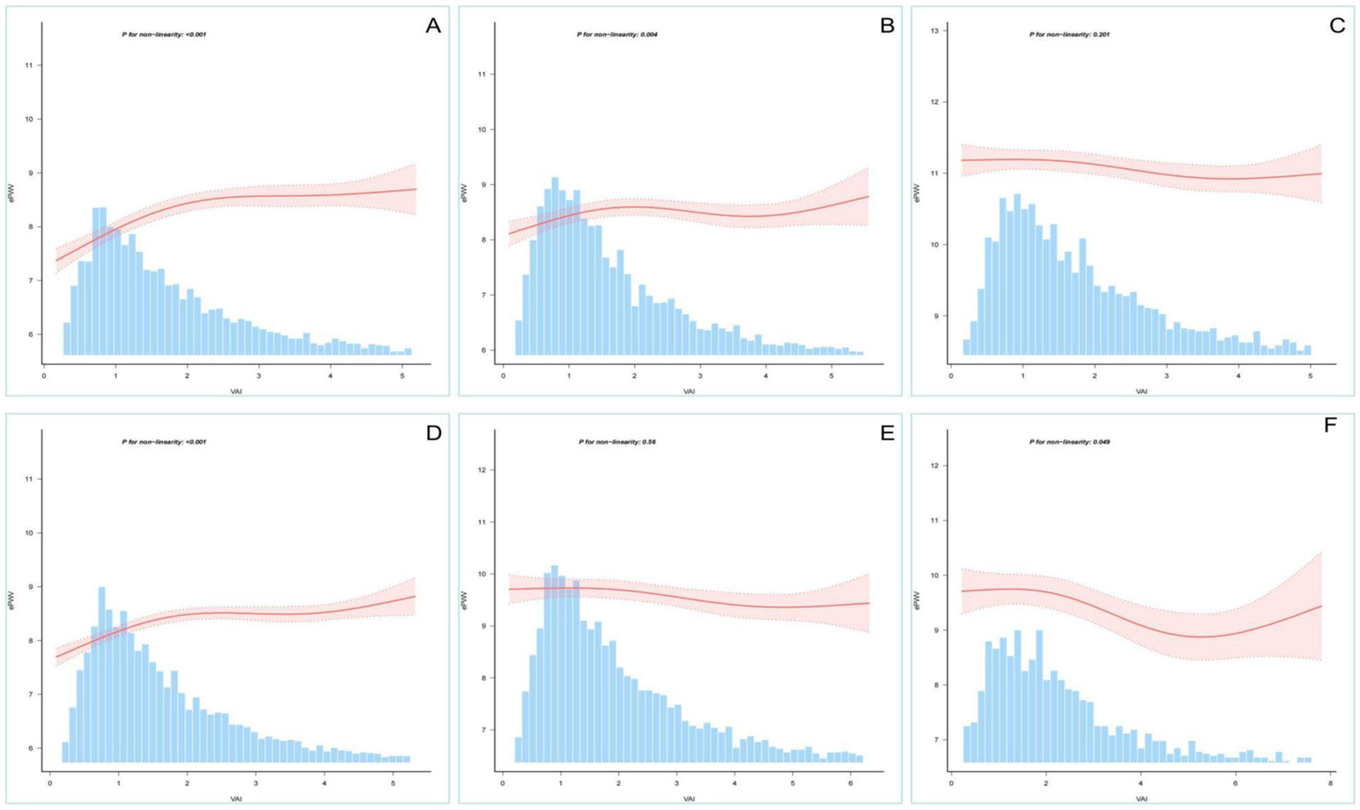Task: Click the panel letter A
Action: coord(432,26)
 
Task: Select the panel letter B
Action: coord(887,26)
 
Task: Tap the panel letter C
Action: coord(1337,26)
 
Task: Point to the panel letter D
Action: coord(433,433)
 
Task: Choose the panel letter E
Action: coord(887,433)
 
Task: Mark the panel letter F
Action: coord(1329,426)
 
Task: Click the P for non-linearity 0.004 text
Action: coord(617,35)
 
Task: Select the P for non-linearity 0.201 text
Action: coord(1069,35)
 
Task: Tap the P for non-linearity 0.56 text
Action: coord(617,442)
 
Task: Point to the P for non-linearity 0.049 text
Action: coord(1069,442)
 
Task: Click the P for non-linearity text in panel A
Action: coord(164,35)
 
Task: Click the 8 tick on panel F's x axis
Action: coord(1331,783)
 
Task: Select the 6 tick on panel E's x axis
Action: coord(851,783)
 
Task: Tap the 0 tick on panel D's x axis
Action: coord(50,783)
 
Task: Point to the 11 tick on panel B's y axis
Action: coord(481,74)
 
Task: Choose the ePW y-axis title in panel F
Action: coord(917,601)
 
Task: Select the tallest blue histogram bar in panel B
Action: coord(555,266)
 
